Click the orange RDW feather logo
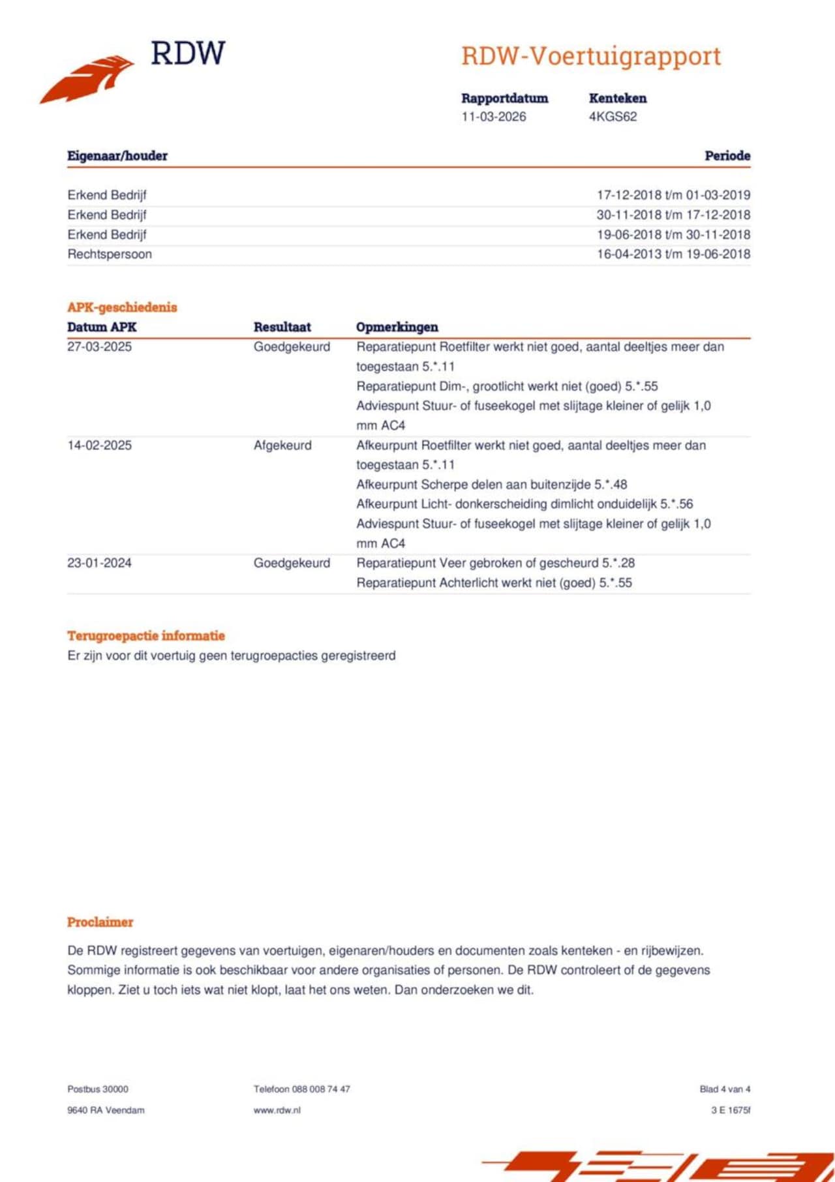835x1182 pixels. (x=87, y=79)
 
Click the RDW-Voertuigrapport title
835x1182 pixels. (x=591, y=56)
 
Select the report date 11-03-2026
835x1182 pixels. (x=493, y=117)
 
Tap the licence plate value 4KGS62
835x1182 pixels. (x=613, y=117)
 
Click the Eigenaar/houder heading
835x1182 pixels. (x=117, y=156)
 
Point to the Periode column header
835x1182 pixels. (x=727, y=156)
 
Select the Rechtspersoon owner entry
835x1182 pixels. (x=110, y=254)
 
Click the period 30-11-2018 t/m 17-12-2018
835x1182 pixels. (x=673, y=215)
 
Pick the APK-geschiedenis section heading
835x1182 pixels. (x=122, y=307)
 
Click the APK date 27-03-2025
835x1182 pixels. (x=99, y=347)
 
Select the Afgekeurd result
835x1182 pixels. (x=282, y=446)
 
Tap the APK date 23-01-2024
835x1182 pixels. (x=99, y=563)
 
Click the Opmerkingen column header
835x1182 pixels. (x=397, y=327)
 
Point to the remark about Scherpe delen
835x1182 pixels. (x=491, y=485)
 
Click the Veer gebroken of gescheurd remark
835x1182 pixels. (x=495, y=563)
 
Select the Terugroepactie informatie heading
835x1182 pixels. (x=146, y=636)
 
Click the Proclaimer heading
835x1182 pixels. (x=100, y=922)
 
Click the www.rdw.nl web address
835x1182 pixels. (x=277, y=1110)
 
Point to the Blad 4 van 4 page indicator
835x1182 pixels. (x=725, y=1089)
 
